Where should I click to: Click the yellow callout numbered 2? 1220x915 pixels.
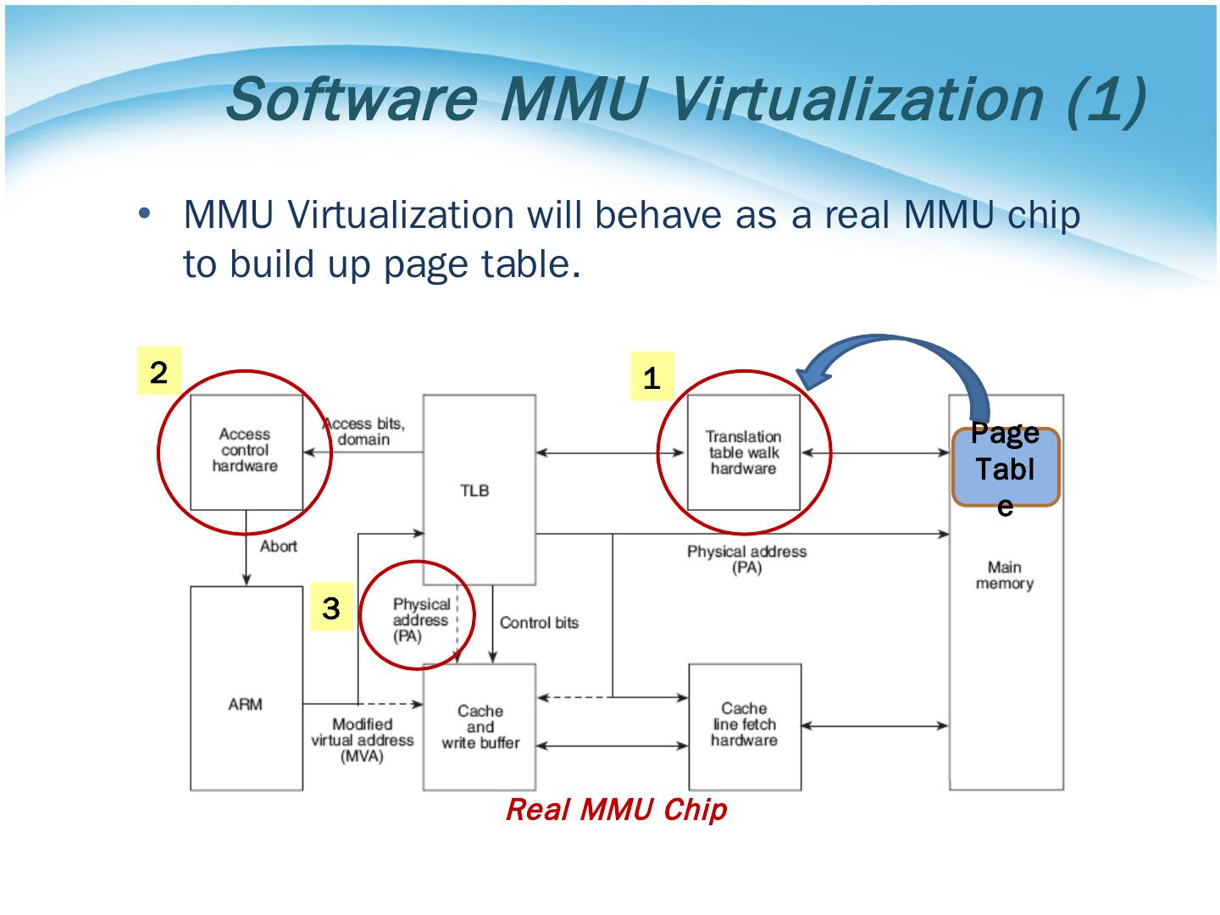(158, 373)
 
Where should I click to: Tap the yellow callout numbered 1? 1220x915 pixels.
(652, 377)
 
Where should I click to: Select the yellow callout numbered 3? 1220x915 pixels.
(331, 607)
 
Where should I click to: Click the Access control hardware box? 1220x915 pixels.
(246, 451)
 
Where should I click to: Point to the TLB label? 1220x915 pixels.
(474, 491)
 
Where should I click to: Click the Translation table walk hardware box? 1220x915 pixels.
(743, 452)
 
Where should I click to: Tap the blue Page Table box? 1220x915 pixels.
(1005, 468)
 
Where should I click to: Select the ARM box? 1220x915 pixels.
(246, 703)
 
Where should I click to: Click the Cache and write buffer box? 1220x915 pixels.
(480, 727)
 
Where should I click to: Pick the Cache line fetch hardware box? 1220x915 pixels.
(744, 725)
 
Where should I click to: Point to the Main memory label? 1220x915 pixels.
(1005, 575)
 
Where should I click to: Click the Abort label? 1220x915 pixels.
(279, 546)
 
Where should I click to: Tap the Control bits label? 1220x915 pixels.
(539, 623)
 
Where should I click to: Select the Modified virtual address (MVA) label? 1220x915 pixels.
(362, 740)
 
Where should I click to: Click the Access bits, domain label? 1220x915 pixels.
(364, 431)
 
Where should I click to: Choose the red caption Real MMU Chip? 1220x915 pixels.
(616, 810)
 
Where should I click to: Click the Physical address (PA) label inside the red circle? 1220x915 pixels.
(420, 619)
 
